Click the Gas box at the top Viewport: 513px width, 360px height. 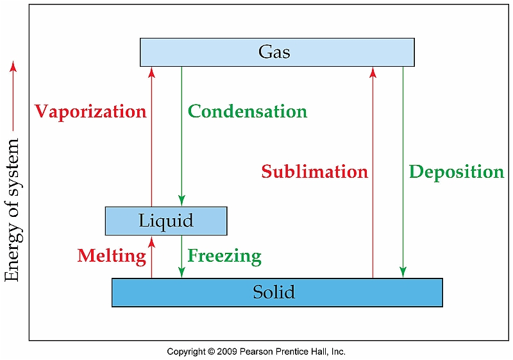click(x=276, y=52)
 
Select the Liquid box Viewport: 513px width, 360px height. click(x=165, y=221)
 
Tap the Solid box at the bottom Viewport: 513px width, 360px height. click(x=276, y=292)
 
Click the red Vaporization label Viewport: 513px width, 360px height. click(x=90, y=112)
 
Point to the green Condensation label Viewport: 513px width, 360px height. click(x=247, y=112)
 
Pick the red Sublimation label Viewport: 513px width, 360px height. click(x=314, y=172)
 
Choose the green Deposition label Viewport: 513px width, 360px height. click(x=456, y=172)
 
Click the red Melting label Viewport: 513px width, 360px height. click(x=112, y=256)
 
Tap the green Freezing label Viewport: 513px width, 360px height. click(x=224, y=256)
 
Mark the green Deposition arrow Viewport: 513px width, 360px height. click(x=403, y=218)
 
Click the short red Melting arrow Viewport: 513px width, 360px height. click(x=151, y=257)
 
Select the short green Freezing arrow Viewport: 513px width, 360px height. click(x=181, y=257)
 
